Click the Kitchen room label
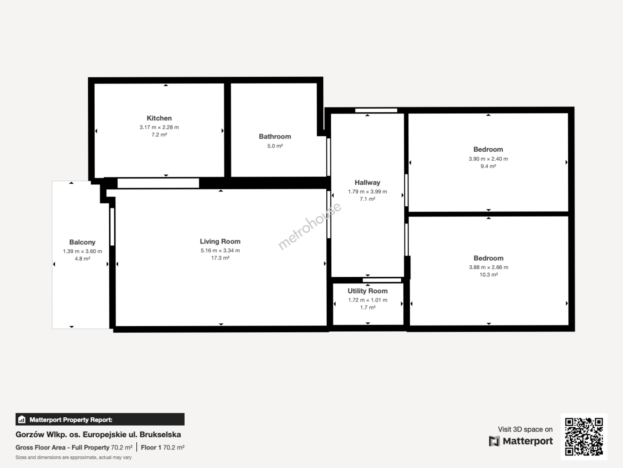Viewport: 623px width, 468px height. pyautogui.click(x=159, y=118)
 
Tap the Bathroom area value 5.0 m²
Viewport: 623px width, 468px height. pyautogui.click(x=275, y=146)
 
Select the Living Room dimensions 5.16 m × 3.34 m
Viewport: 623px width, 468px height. pyautogui.click(x=220, y=250)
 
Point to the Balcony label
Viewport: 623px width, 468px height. pyautogui.click(x=82, y=242)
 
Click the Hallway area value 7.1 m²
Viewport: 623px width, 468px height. pyautogui.click(x=368, y=199)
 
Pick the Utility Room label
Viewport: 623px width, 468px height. pyautogui.click(x=368, y=291)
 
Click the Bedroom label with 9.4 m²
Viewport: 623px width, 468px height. pyautogui.click(x=488, y=149)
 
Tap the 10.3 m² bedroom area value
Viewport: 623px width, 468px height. pyautogui.click(x=489, y=275)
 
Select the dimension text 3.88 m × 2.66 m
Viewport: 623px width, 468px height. pyautogui.click(x=489, y=267)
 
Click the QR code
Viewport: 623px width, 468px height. pyautogui.click(x=584, y=436)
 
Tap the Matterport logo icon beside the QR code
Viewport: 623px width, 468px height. pyautogui.click(x=494, y=441)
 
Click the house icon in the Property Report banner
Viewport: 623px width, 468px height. pyautogui.click(x=22, y=419)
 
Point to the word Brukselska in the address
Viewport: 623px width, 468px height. pyautogui.click(x=161, y=435)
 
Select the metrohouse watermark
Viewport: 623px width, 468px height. pyautogui.click(x=309, y=226)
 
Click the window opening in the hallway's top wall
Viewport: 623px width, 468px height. pyautogui.click(x=376, y=110)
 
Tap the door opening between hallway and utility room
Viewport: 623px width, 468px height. pyautogui.click(x=382, y=280)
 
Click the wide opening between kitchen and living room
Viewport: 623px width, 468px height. pyautogui.click(x=158, y=183)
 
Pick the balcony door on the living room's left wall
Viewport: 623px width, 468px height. pyautogui.click(x=112, y=227)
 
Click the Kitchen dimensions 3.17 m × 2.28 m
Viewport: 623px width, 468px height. pyautogui.click(x=159, y=127)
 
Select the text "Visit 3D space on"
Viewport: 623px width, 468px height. pyautogui.click(x=525, y=429)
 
